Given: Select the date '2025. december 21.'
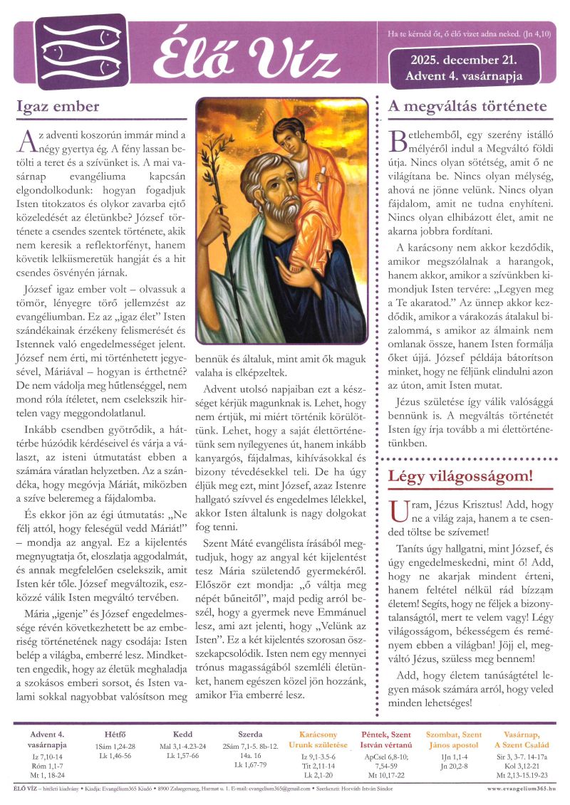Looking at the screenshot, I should point(463,60).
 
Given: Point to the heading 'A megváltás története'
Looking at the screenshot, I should point(467,107).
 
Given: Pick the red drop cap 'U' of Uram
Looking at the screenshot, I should point(399,510).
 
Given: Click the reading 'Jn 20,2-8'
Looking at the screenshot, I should point(453,766).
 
